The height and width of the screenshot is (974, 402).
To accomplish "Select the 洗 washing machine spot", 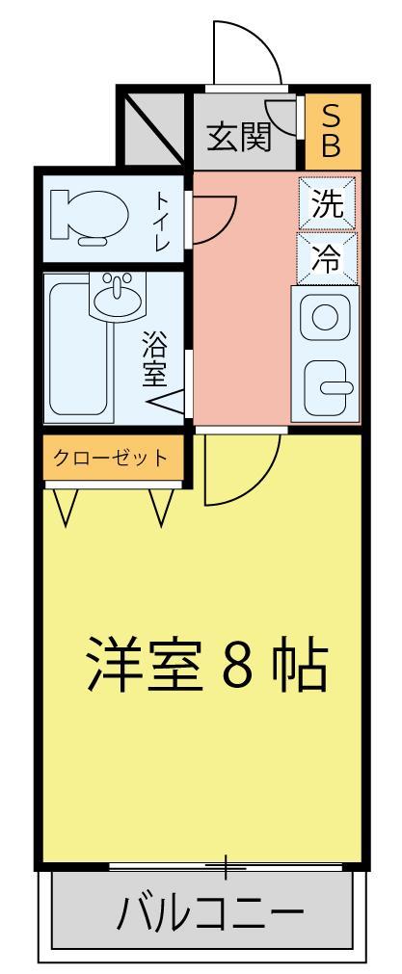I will coord(326,204).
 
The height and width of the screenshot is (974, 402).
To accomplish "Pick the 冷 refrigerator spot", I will coord(327,258).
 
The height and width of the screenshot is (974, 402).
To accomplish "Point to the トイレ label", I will coord(162,222).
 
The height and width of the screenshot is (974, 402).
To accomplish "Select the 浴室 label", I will coord(154,359).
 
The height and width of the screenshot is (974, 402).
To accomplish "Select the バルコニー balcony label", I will coord(209,910).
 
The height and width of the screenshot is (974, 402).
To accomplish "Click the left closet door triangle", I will coord(67,505).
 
